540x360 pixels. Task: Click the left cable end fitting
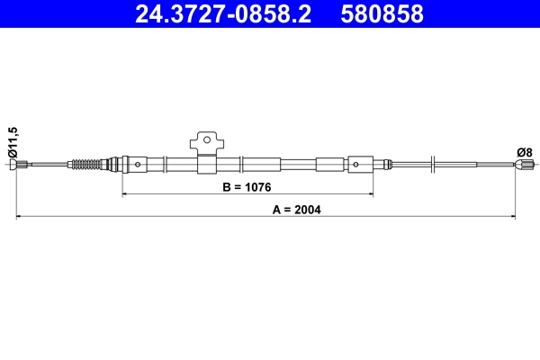click(24, 164)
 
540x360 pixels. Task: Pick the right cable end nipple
click(524, 164)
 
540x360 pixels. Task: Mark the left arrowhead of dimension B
click(124, 193)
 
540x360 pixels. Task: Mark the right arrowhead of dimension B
click(369, 193)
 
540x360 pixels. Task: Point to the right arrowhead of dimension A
click(513, 216)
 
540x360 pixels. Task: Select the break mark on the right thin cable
click(434, 164)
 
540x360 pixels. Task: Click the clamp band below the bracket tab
click(205, 165)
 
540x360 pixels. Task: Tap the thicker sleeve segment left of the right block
click(329, 165)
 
